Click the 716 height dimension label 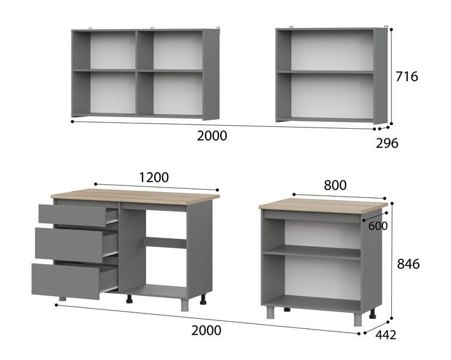click(x=407, y=77)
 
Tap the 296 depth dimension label click(x=387, y=143)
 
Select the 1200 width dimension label click(x=154, y=178)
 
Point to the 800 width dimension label click(x=335, y=185)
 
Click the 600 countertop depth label click(x=378, y=226)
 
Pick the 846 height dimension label click(x=409, y=264)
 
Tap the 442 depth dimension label click(x=386, y=335)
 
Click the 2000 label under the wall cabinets click(x=212, y=136)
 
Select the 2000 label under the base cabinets click(x=206, y=330)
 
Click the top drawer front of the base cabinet click(x=73, y=216)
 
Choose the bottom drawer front click(x=66, y=281)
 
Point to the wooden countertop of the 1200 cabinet click(x=135, y=197)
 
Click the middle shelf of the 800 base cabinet click(x=312, y=253)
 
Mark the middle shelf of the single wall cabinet click(x=325, y=72)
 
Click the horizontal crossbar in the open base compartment click(x=165, y=243)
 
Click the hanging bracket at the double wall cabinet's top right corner click(x=218, y=28)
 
